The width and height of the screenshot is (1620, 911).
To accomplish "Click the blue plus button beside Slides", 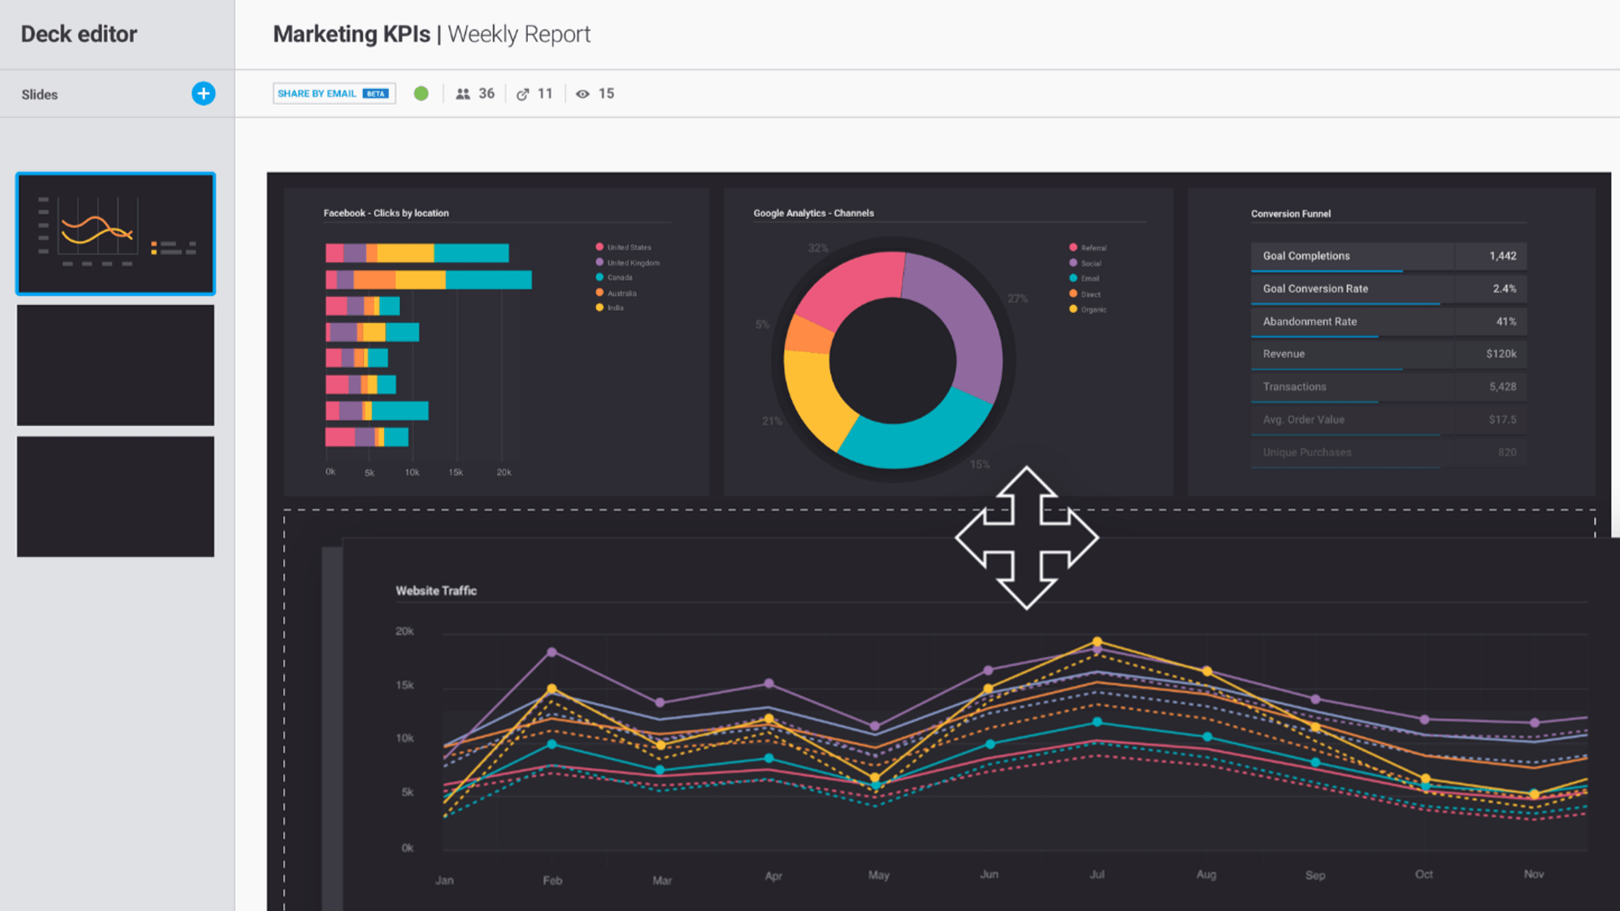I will click(203, 93).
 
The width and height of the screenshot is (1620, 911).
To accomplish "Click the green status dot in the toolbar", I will click(421, 93).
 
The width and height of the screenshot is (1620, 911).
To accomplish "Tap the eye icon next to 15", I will click(582, 94).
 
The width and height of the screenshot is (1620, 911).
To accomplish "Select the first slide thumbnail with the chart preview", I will click(116, 233).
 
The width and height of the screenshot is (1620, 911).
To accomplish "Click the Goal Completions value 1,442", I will click(1502, 256).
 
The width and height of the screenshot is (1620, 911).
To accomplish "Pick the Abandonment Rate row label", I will click(1309, 322).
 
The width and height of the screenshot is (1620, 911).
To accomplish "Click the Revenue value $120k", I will click(1501, 354).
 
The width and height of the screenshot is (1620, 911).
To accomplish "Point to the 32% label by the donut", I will click(818, 248).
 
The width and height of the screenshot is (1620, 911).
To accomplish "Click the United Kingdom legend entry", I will click(632, 263).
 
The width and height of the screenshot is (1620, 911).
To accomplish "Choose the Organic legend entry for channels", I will click(1092, 310).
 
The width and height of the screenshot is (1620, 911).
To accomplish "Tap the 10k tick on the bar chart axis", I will click(412, 472).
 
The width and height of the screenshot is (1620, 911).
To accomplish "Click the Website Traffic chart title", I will click(436, 591).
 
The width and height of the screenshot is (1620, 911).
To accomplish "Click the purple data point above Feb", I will click(552, 652).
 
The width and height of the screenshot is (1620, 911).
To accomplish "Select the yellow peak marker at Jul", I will click(1097, 642).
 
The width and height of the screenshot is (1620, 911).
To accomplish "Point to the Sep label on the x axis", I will click(1315, 875).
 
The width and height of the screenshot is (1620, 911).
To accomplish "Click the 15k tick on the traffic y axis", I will click(404, 685).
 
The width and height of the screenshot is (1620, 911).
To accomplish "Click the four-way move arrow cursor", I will click(1026, 538).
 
